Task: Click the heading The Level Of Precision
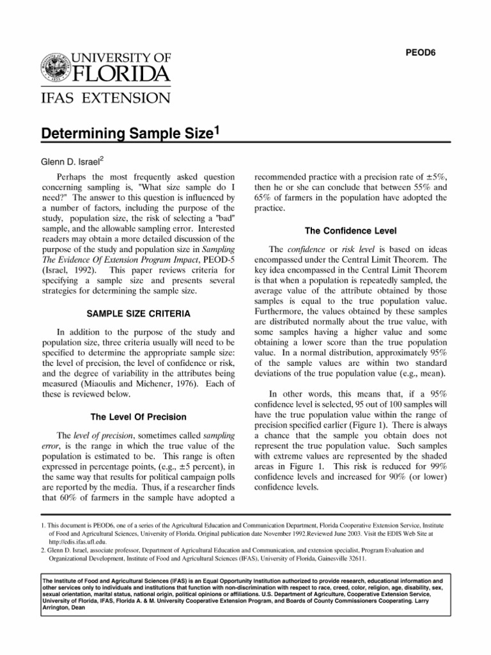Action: pos(139,417)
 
